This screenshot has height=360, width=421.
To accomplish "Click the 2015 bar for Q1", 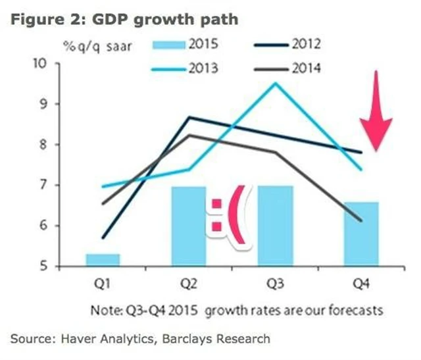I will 102,259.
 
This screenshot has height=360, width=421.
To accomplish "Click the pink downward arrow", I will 376,112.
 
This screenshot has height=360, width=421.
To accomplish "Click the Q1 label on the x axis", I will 103,284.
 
